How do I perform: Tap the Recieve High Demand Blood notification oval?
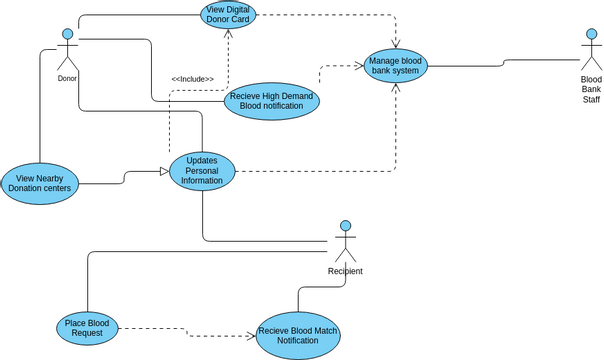[x=271, y=102]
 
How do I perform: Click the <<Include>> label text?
[x=192, y=79]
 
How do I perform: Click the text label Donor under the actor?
[x=67, y=78]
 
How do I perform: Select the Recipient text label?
[x=345, y=271]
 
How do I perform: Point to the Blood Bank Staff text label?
[x=591, y=89]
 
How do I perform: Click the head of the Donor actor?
[x=68, y=34]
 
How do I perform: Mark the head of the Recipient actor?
[x=345, y=225]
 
